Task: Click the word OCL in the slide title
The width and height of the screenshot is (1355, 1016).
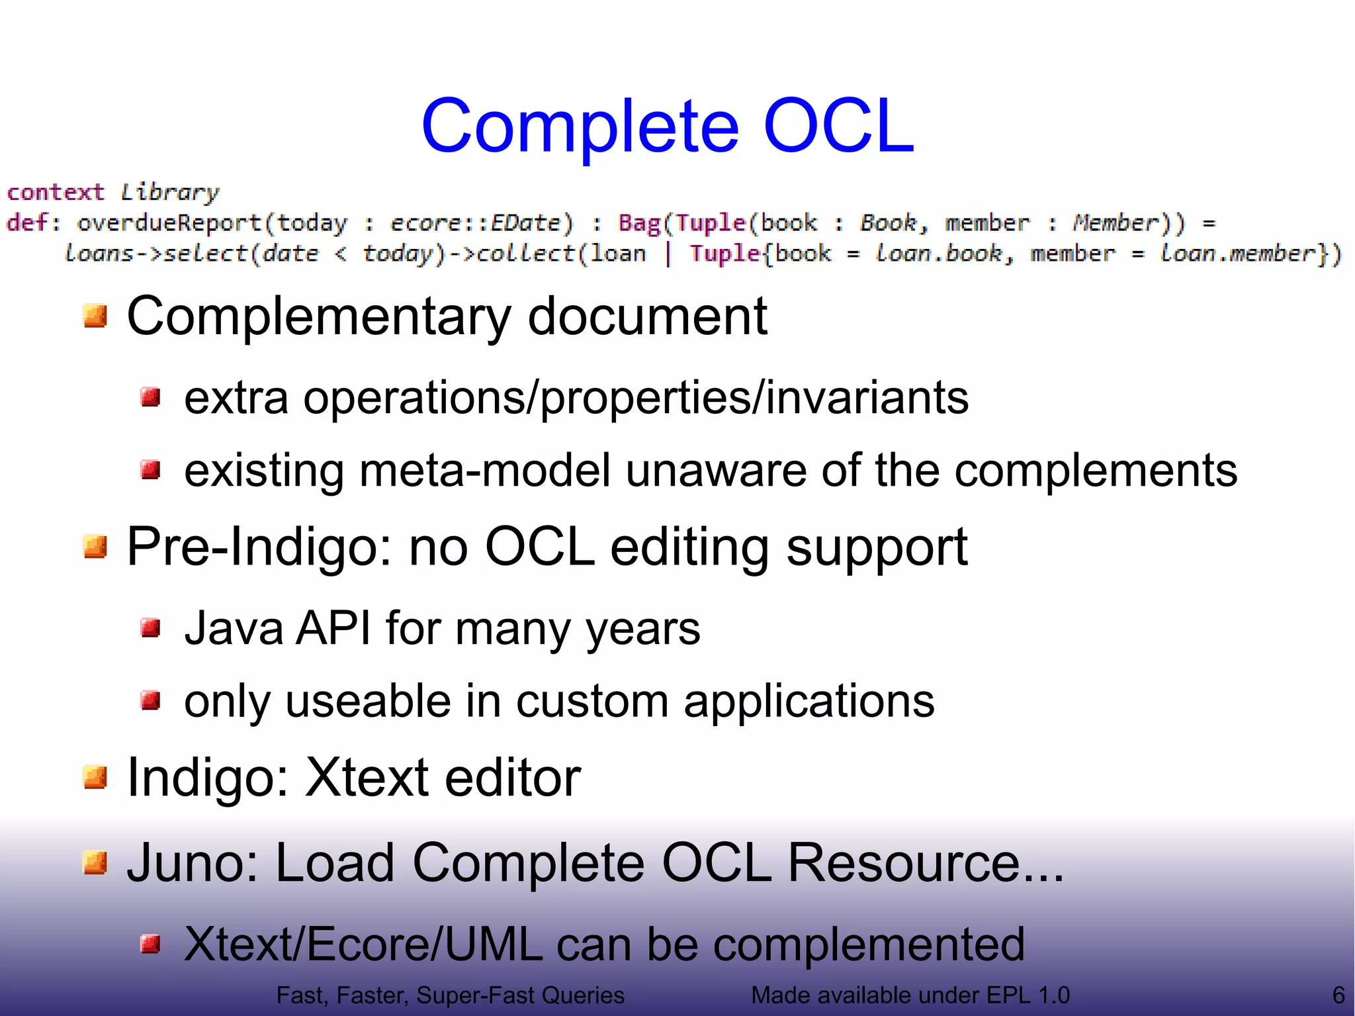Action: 839,126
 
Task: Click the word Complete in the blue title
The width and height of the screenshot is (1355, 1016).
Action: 580,126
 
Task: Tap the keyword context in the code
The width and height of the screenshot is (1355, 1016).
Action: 56,192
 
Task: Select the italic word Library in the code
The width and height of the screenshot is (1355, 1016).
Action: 169,192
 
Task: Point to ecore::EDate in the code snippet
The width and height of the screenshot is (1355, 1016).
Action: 482,223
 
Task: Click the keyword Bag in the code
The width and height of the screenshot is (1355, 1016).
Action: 639,223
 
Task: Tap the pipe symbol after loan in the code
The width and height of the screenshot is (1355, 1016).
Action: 668,254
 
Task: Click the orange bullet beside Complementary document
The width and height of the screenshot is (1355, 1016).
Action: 95,316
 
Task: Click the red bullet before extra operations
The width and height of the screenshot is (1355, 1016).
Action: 151,398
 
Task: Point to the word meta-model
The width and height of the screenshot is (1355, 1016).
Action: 485,471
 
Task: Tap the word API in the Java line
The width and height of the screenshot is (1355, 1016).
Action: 333,628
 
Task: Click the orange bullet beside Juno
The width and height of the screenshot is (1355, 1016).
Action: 95,863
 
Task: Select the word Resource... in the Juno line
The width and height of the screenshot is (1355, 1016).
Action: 925,863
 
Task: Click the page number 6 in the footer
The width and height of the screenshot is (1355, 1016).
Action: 1338,995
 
